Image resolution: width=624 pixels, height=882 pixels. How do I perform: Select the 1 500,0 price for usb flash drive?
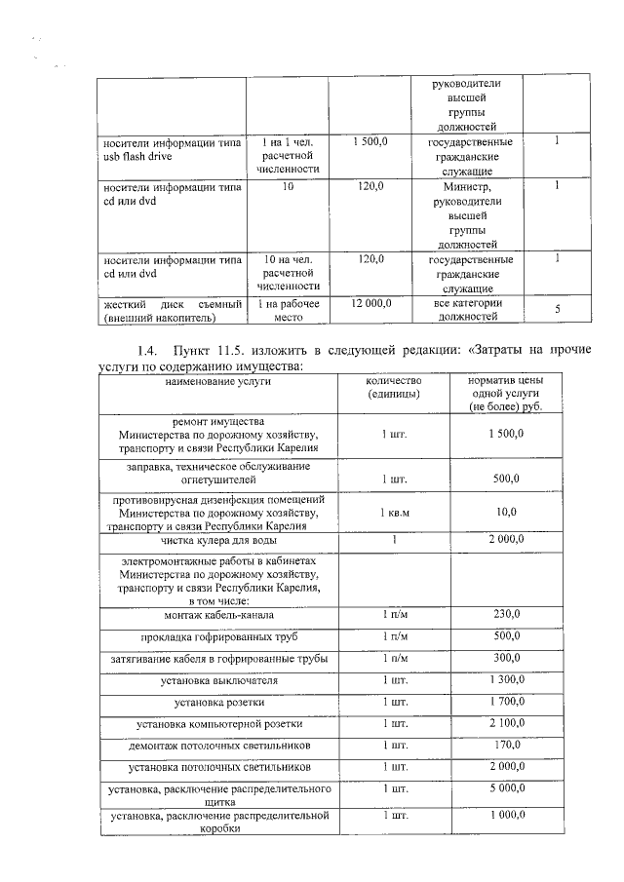click(370, 142)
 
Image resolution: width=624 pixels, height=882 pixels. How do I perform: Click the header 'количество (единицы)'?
click(393, 387)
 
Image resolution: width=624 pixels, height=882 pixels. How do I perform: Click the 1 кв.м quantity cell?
click(393, 512)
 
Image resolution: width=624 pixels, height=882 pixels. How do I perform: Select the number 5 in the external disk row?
click(557, 310)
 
